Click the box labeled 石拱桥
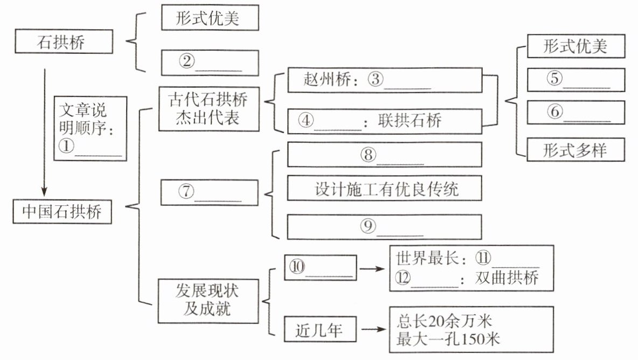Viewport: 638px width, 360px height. click(x=64, y=42)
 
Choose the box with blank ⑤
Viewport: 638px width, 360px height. click(x=575, y=79)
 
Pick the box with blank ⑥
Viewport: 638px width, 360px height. click(x=575, y=112)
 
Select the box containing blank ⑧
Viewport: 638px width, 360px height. click(x=384, y=155)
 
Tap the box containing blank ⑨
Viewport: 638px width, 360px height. click(x=384, y=226)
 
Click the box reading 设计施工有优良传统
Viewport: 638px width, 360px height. click(x=384, y=190)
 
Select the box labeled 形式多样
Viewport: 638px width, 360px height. click(x=575, y=149)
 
